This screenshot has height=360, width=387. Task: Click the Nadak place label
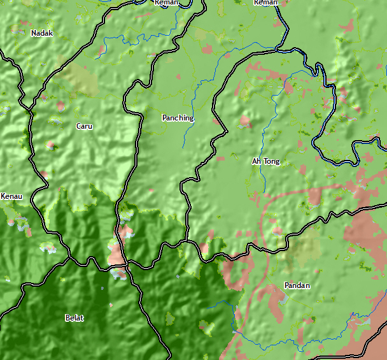tap(42, 33)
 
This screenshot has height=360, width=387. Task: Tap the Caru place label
tap(84, 126)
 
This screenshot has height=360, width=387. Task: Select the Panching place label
tap(178, 118)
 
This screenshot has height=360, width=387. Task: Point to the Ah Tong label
tap(265, 161)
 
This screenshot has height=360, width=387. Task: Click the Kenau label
tap(11, 196)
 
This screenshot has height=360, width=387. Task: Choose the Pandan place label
tap(297, 285)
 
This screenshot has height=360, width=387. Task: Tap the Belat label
tap(74, 318)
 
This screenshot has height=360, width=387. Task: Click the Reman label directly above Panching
tap(166, 3)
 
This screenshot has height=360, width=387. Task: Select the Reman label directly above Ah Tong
tap(265, 3)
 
